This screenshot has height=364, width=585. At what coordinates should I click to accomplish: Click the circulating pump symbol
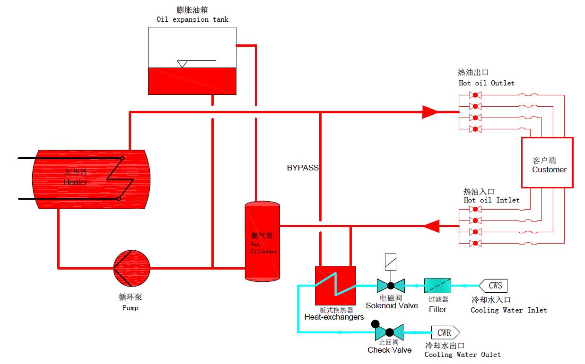(132, 268)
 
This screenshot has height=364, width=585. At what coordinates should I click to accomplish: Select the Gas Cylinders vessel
(262, 241)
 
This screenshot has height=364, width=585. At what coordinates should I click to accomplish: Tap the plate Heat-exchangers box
(335, 285)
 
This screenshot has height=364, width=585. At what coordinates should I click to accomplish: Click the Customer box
(547, 162)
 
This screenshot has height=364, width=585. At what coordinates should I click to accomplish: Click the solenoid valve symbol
(391, 285)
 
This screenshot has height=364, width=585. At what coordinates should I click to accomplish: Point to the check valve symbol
(389, 332)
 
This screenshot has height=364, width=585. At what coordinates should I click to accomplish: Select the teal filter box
(437, 286)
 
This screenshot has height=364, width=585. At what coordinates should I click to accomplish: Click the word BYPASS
(303, 168)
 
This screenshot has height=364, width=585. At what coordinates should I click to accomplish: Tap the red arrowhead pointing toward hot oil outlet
(430, 112)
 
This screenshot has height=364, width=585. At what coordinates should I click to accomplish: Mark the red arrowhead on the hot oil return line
(431, 226)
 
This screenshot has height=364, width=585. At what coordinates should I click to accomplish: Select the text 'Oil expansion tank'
(192, 19)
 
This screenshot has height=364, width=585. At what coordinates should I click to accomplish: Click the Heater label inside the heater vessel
(76, 182)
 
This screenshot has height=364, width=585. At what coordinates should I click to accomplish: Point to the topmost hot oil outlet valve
(474, 95)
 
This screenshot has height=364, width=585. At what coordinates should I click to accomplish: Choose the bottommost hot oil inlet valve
(474, 243)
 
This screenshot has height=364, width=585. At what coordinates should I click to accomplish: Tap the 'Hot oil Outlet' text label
(487, 83)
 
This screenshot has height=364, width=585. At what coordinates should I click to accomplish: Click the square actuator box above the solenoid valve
(391, 260)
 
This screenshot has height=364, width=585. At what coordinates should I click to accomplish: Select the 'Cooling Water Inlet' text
(508, 310)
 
